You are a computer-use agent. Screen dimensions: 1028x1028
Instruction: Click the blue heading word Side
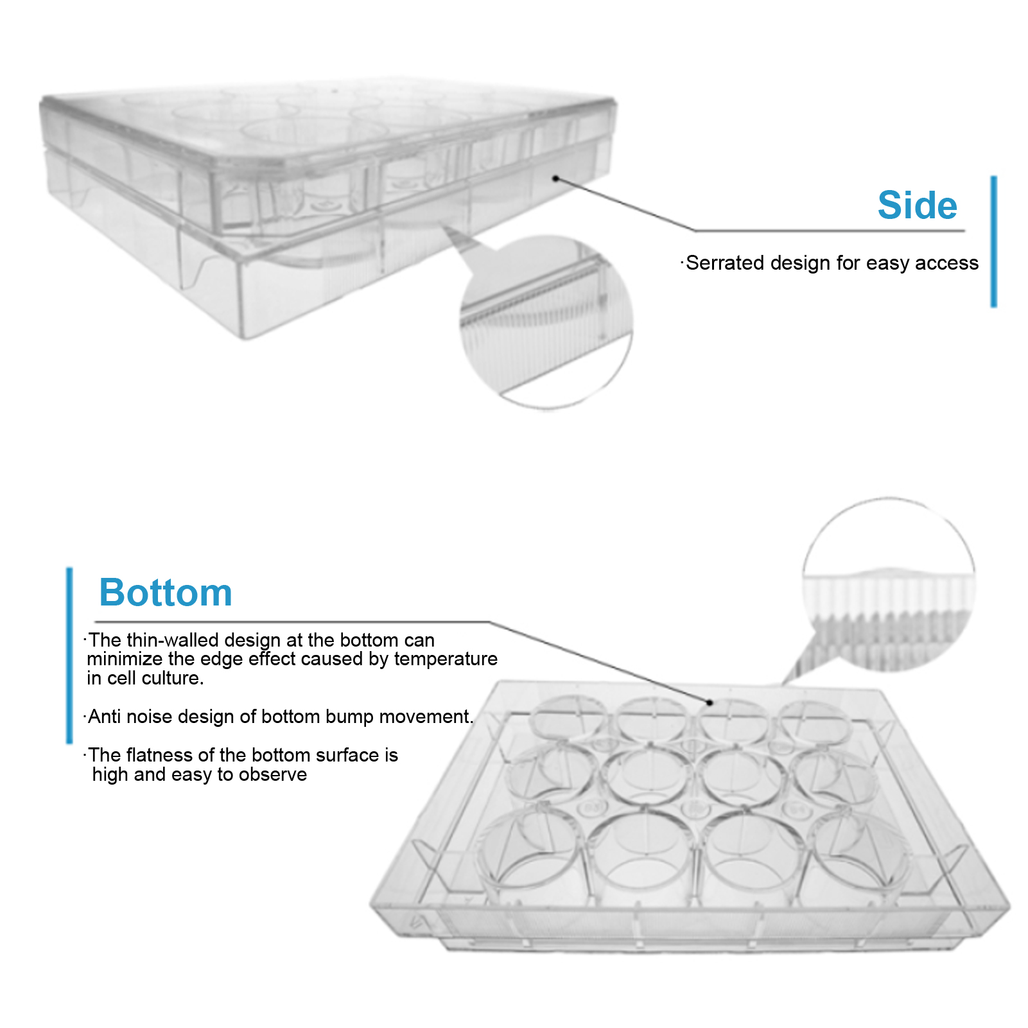click(917, 205)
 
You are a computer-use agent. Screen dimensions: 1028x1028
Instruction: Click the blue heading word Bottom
click(166, 592)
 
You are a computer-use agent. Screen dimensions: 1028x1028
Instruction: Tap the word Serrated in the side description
click(724, 263)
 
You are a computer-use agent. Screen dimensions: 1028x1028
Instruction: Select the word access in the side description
click(946, 263)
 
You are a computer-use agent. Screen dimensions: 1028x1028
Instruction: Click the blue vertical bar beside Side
click(993, 241)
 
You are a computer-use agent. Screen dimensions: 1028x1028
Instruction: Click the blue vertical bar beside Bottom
click(69, 655)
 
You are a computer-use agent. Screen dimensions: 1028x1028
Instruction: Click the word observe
click(273, 774)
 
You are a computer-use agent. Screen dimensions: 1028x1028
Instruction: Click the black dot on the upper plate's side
click(556, 179)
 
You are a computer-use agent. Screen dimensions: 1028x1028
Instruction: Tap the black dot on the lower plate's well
click(710, 702)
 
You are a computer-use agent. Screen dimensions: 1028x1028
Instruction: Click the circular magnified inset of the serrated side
click(546, 321)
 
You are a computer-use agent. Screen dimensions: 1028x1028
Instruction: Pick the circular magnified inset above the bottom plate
click(889, 584)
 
